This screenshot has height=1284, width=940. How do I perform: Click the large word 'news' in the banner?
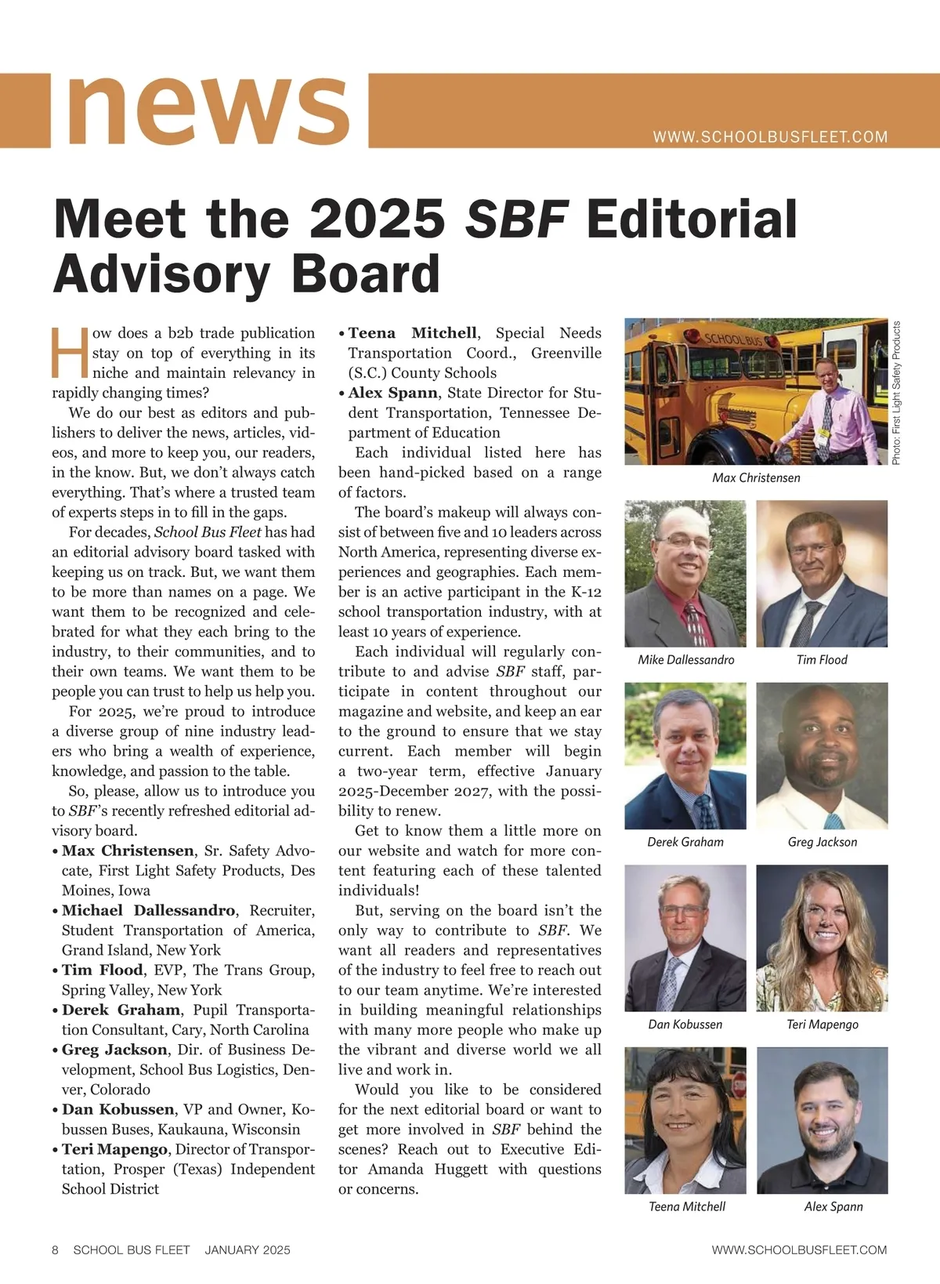208,110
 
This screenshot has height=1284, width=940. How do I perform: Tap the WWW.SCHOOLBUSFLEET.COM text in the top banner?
770,137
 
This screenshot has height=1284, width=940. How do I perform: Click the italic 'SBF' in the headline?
516,219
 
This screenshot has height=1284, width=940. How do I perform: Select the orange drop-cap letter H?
69,352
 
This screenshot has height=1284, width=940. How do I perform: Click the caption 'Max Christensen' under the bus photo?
756,477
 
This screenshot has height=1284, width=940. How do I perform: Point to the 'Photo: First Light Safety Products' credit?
897,393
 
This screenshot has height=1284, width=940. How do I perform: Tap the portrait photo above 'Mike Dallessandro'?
685,573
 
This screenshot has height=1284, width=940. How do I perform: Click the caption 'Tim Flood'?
822,660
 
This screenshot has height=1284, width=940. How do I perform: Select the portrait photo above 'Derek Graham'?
685,756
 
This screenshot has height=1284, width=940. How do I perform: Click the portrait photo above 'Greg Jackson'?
822,756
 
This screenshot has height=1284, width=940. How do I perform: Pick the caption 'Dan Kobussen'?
685,1025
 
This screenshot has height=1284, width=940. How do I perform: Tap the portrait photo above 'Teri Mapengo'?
822,938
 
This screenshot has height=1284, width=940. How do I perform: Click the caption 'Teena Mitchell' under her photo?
687,1207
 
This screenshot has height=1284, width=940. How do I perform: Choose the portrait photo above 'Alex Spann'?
822,1120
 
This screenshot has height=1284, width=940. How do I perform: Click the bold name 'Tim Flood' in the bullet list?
103,970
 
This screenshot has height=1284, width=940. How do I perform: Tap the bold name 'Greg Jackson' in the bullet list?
114,1050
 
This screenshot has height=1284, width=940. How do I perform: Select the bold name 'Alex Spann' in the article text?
392,393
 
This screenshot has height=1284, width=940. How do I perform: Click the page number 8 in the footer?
56,1250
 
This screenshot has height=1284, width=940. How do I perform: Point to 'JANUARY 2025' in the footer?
248,1250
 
